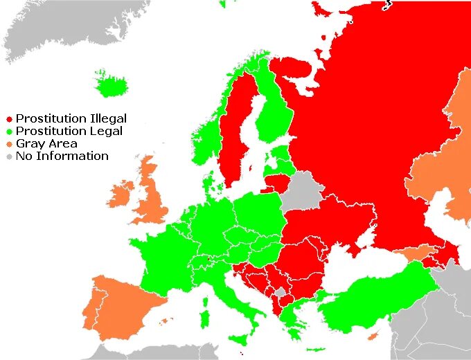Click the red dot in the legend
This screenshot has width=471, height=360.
pyautogui.click(x=9, y=119)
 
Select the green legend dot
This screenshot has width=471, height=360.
pyautogui.click(x=9, y=132)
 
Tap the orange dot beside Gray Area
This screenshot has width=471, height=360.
pyautogui.click(x=9, y=144)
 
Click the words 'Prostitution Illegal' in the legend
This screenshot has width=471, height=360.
pyautogui.click(x=71, y=119)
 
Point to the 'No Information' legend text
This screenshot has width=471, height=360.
pyautogui.click(x=62, y=156)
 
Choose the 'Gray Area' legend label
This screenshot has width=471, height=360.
pyautogui.click(x=46, y=144)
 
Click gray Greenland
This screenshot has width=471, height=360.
pyautogui.click(x=69, y=28)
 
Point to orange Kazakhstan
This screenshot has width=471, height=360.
pyautogui.click(x=443, y=166)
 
